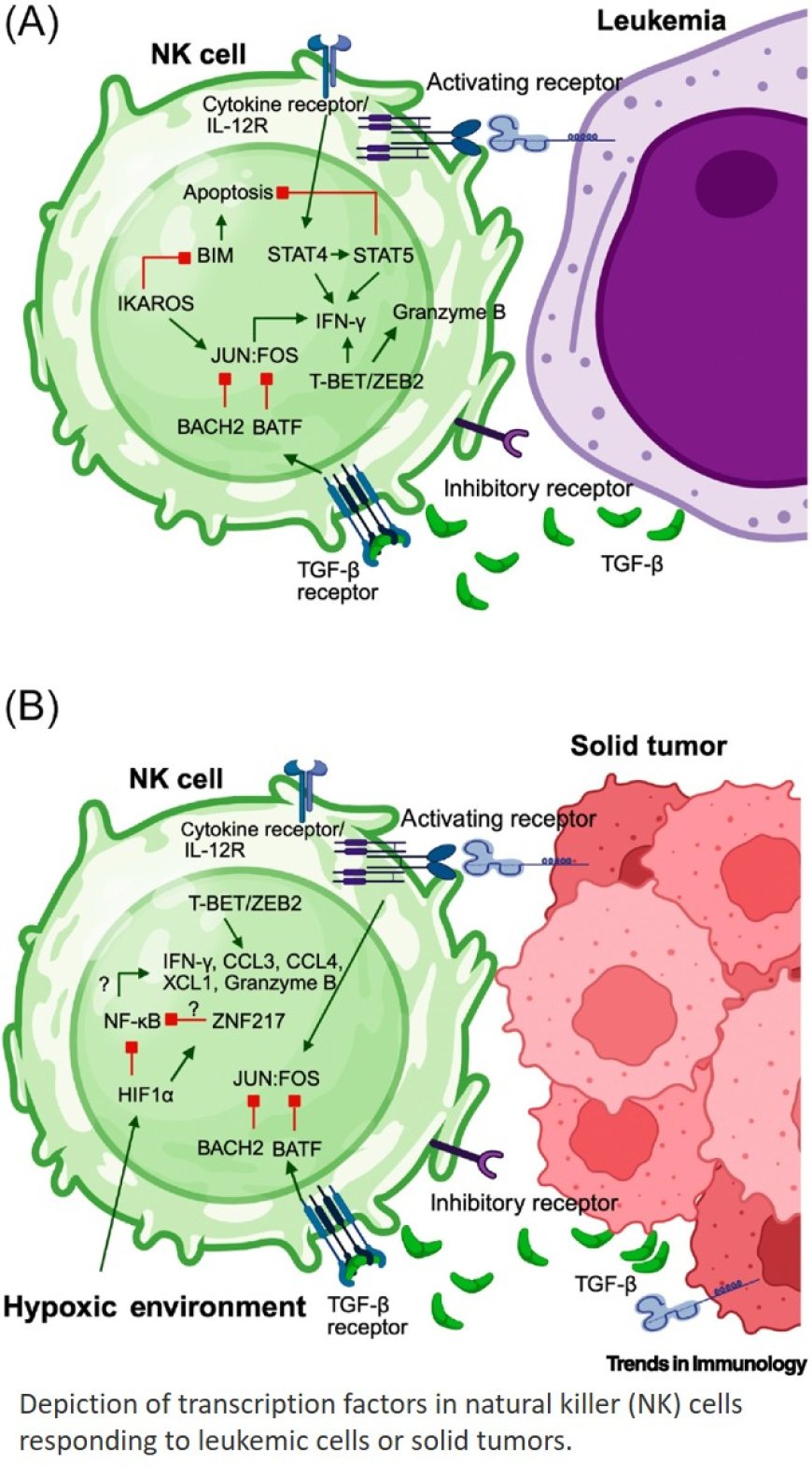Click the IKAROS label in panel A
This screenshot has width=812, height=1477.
[x=156, y=303]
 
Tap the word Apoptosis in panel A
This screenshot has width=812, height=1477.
[x=228, y=193]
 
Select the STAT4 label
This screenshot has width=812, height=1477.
[x=296, y=254]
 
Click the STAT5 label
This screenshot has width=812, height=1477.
[x=383, y=254]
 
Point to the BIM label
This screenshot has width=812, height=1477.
[x=216, y=255]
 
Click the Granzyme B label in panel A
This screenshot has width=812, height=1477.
[x=448, y=312]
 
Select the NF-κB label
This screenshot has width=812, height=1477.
[x=133, y=1020]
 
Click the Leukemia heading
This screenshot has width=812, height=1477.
[x=661, y=21]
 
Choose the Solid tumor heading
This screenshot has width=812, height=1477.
[x=648, y=745]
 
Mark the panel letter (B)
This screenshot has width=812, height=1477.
[x=32, y=706]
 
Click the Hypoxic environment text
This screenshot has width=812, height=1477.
[x=154, y=1306]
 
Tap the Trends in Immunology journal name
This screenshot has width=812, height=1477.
[x=706, y=1363]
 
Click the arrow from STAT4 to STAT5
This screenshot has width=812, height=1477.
[x=340, y=254]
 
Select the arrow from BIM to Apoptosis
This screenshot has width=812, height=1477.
[x=221, y=224]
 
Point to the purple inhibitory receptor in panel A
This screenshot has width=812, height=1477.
[x=493, y=437]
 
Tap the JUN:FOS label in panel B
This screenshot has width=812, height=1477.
[x=276, y=1078]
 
